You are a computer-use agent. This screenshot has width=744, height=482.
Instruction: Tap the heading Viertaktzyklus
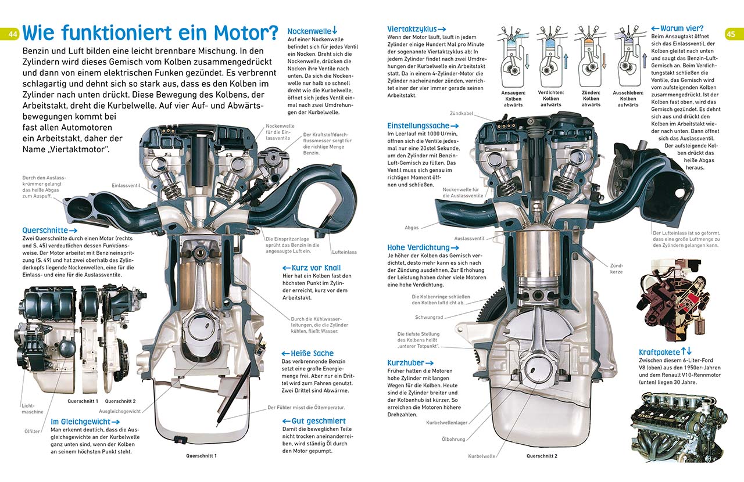[416, 29]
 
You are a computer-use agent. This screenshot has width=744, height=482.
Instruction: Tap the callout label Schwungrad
[429, 317]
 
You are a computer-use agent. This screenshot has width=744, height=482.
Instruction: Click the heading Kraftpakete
[665, 352]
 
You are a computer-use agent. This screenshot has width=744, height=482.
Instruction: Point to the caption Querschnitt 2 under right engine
[542, 456]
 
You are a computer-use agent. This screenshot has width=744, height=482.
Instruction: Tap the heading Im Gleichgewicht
[85, 422]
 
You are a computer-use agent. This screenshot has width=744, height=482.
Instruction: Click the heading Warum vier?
[677, 28]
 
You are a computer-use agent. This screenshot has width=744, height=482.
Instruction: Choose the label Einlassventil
[127, 185]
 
